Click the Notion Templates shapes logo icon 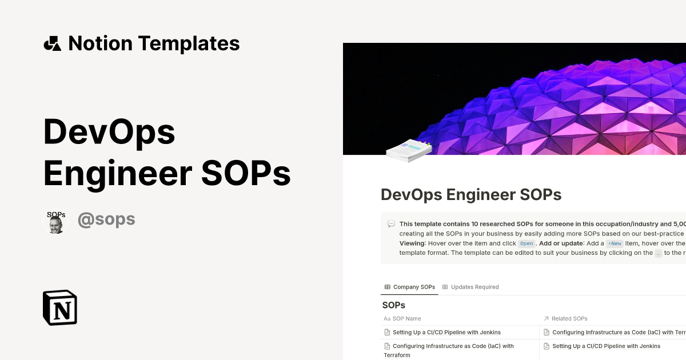[x=52, y=43]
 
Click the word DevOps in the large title [x=109, y=131]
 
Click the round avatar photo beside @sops [x=55, y=221]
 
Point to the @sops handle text [x=106, y=219]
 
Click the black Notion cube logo [x=60, y=307]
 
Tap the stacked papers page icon [x=409, y=150]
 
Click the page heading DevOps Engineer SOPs [x=471, y=195]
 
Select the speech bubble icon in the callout [x=391, y=224]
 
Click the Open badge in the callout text [x=526, y=243]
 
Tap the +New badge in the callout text [x=615, y=243]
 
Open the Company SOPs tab [x=410, y=287]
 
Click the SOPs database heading [x=393, y=305]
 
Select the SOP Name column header [x=406, y=318]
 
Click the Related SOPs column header [x=569, y=318]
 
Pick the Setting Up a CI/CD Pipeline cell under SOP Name [x=446, y=332]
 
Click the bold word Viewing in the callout [x=412, y=243]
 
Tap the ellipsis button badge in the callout [x=658, y=253]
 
